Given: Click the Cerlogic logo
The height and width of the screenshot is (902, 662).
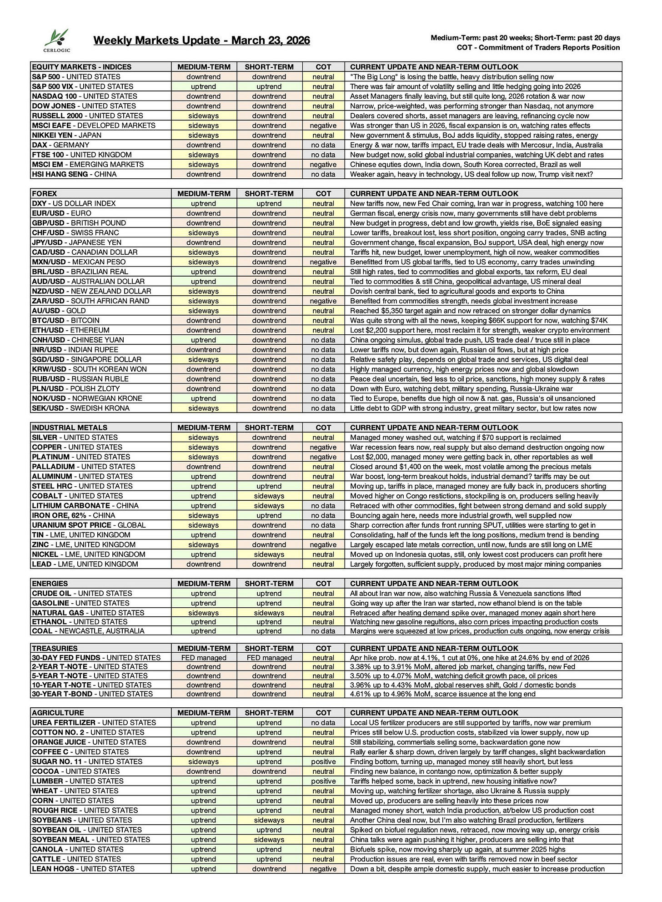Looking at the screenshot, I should (x=57, y=40).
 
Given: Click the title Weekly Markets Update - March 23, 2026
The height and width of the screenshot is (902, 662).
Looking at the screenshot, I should (x=201, y=40).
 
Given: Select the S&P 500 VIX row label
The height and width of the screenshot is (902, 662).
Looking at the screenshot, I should (x=82, y=86).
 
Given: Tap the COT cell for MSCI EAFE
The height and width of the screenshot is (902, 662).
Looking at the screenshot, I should (x=323, y=126).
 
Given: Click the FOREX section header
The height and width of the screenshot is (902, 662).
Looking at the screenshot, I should (x=45, y=193).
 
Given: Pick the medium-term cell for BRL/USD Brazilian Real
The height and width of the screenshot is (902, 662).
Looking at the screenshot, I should (x=203, y=272).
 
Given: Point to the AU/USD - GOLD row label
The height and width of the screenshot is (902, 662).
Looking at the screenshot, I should (x=59, y=311).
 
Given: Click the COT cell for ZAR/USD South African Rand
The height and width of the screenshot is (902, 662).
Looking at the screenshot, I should (x=323, y=301).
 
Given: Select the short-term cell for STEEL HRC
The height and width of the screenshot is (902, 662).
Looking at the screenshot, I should (x=269, y=486).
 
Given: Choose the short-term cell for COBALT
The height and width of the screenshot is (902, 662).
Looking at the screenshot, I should (x=269, y=496).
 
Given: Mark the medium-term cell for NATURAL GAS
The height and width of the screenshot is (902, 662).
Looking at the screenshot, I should (x=203, y=613).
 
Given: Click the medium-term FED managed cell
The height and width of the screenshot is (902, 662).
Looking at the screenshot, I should (x=203, y=658).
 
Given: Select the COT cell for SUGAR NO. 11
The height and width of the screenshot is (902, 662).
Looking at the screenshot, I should (x=323, y=761).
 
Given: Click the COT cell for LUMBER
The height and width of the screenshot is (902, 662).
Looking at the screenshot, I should (x=323, y=781).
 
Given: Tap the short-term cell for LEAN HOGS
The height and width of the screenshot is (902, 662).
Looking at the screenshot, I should (x=269, y=869).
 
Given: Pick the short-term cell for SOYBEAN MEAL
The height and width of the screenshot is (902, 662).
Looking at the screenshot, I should (x=269, y=840).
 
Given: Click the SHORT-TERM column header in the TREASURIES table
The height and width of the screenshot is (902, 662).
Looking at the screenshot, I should (x=269, y=648).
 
